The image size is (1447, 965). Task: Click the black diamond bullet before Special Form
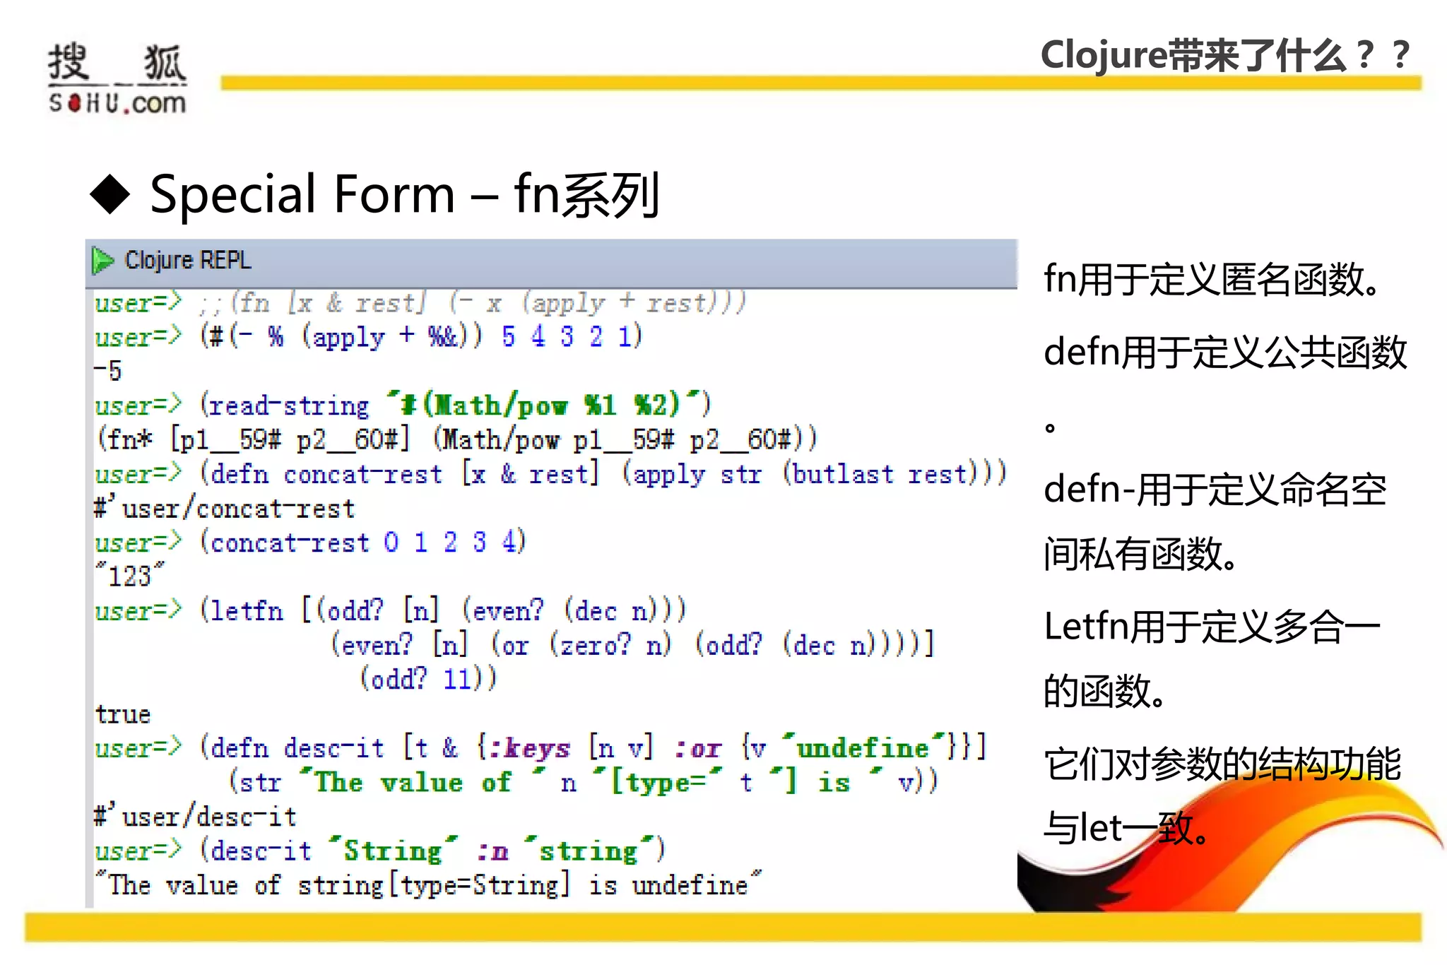(110, 194)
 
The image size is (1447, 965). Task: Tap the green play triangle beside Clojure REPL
(103, 261)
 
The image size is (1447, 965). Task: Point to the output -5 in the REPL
(108, 370)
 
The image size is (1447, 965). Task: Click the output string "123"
(130, 576)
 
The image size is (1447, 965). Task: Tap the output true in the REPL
(123, 714)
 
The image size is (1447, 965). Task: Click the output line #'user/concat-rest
(225, 509)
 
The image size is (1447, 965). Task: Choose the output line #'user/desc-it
(196, 817)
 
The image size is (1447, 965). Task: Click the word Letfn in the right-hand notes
(1085, 627)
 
